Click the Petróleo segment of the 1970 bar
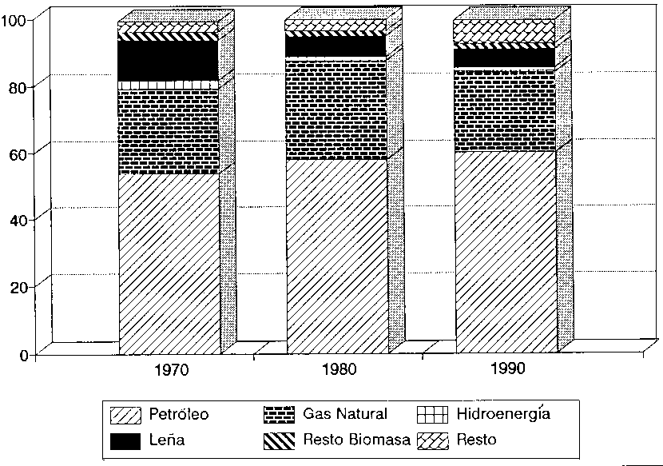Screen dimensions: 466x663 point(169,264)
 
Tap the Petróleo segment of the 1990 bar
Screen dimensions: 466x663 point(505,252)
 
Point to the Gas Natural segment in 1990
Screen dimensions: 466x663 point(505,110)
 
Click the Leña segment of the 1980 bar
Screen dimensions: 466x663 point(336,46)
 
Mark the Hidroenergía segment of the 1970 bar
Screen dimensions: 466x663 point(169,85)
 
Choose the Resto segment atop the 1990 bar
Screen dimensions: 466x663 point(505,31)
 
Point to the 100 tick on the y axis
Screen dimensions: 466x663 point(17,19)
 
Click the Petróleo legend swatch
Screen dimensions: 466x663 point(126,415)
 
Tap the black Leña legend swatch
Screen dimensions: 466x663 point(126,440)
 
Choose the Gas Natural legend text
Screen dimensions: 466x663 point(345,414)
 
